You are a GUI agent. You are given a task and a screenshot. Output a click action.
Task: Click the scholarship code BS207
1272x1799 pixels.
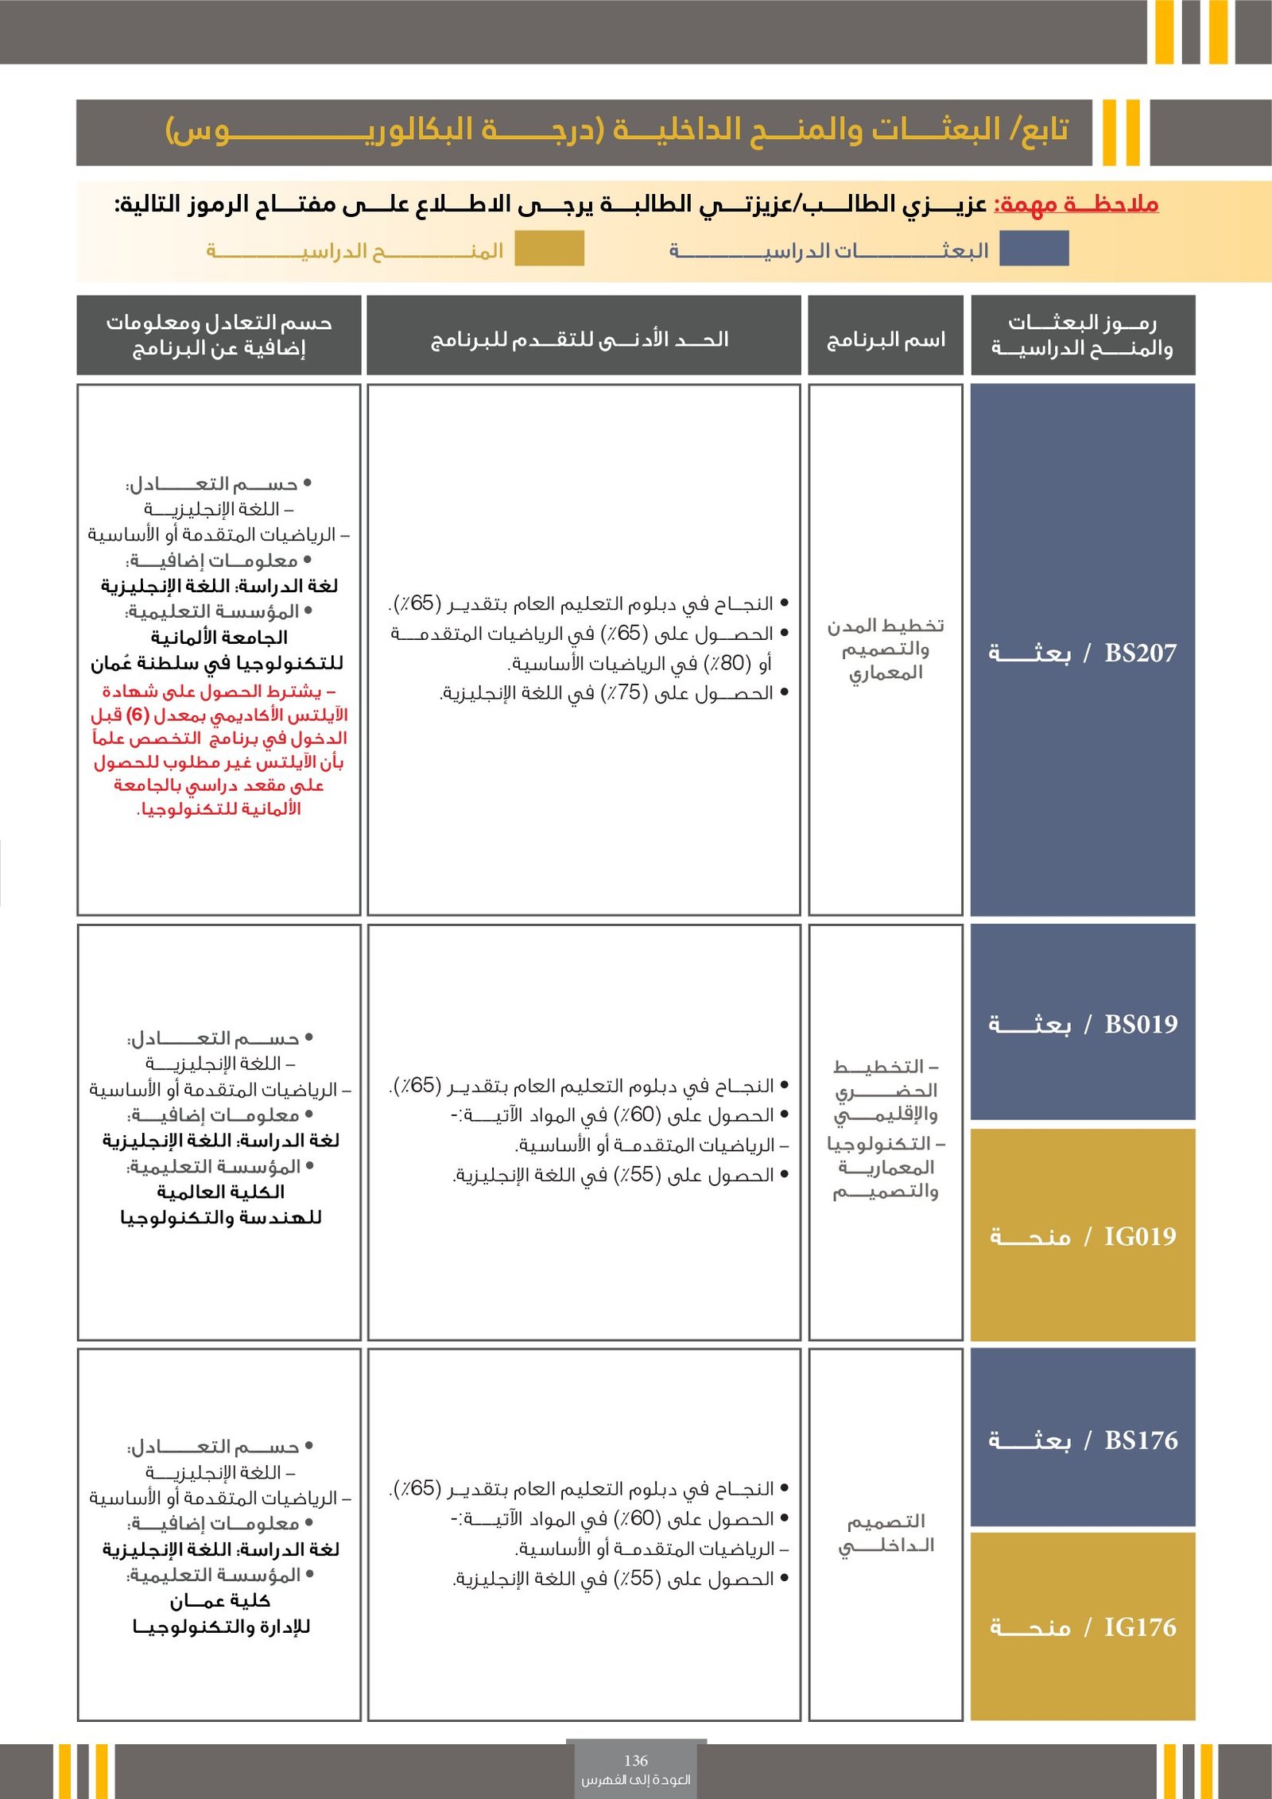pos(1140,653)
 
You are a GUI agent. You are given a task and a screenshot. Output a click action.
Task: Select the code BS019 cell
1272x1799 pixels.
pos(1141,1024)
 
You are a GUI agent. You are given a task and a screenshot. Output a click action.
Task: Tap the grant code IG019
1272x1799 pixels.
pos(1140,1236)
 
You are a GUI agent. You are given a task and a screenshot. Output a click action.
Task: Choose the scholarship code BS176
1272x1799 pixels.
pos(1141,1440)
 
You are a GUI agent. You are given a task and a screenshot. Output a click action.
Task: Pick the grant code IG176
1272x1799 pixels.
pos(1140,1627)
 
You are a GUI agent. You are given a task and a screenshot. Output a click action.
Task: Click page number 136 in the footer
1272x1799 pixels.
pos(636,1761)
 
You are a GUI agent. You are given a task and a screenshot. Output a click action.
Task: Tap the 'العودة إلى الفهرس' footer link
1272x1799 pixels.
pos(636,1780)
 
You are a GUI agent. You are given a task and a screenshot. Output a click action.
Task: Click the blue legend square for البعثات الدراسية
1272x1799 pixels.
pos(1033,249)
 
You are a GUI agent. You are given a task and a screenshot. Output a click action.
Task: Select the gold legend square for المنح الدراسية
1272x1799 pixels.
pos(549,249)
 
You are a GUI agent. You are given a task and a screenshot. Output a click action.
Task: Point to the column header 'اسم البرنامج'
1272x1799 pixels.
pos(886,340)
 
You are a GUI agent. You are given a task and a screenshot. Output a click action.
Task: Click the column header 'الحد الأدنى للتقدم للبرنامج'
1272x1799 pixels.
pos(580,339)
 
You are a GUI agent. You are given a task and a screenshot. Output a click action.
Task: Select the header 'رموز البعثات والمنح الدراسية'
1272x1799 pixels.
pos(1082,335)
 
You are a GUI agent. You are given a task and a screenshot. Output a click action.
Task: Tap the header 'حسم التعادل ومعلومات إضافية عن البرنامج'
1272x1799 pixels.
pos(219,335)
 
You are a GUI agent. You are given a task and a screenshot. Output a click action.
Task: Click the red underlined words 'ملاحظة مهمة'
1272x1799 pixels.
pos(1076,204)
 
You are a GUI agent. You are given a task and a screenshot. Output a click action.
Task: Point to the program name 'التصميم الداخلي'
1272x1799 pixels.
pos(886,1533)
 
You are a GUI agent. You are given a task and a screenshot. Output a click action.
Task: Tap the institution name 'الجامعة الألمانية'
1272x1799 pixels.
pos(219,637)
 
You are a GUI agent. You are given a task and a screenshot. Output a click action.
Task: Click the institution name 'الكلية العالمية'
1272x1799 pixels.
pos(220,1192)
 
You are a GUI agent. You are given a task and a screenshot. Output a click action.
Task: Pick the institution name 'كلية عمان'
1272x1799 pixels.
pos(220,1600)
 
